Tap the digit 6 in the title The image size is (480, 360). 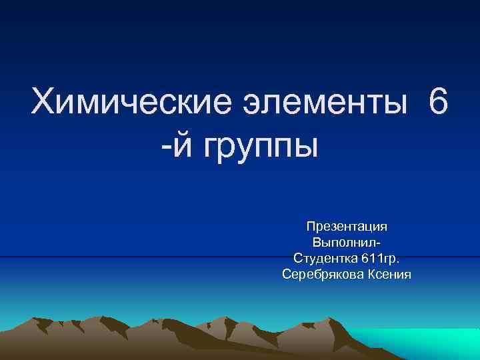(x=439, y=104)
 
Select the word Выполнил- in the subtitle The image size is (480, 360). (x=347, y=242)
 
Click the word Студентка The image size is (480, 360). (x=323, y=257)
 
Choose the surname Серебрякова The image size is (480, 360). (x=323, y=273)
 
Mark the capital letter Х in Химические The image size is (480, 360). (x=43, y=104)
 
